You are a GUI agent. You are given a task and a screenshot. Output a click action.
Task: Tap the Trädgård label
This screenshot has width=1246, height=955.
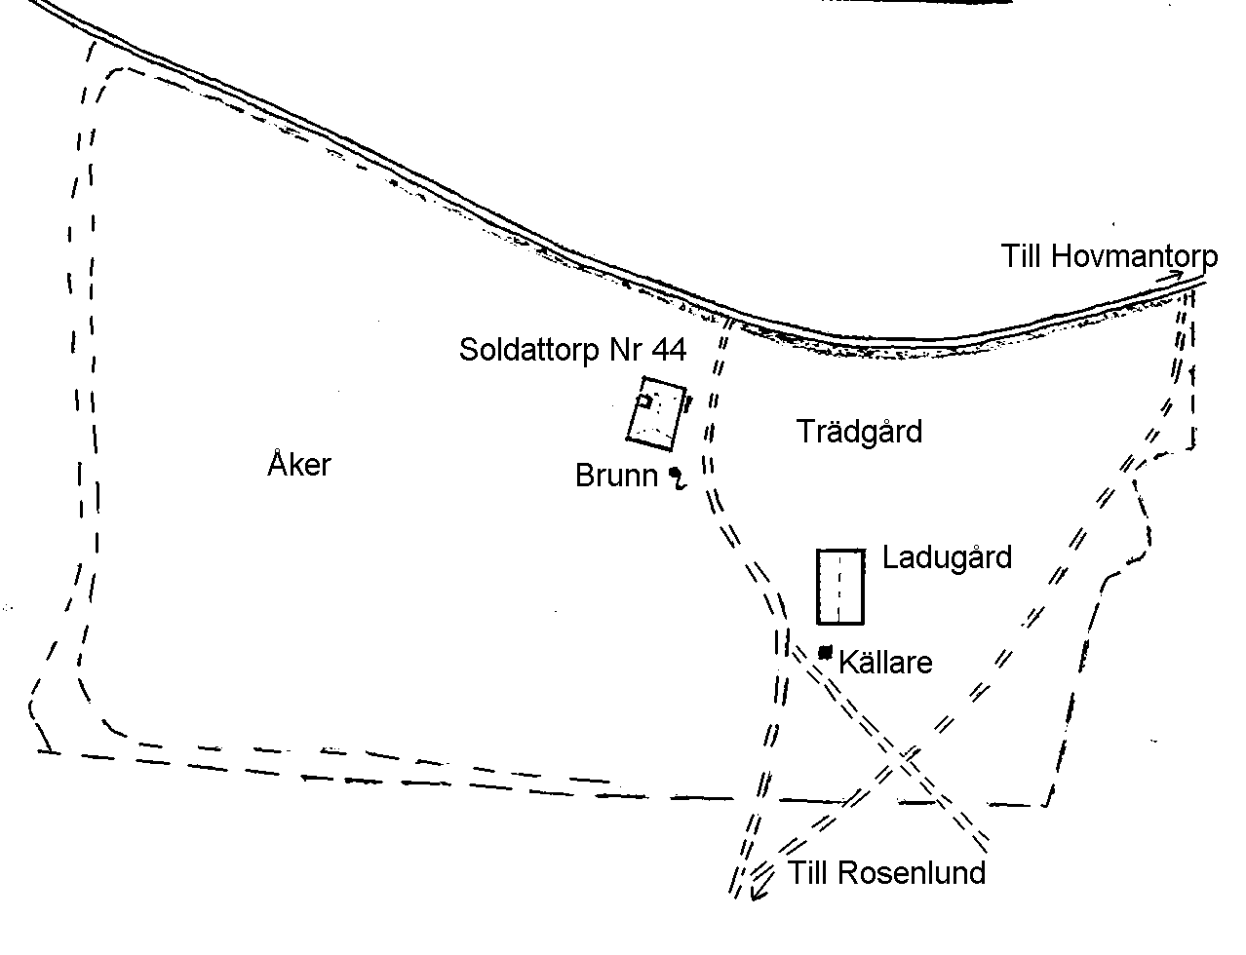859,431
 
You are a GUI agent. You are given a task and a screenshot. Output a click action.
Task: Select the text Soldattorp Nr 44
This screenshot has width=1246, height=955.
572,350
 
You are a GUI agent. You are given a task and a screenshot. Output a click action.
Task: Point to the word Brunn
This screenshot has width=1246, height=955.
616,476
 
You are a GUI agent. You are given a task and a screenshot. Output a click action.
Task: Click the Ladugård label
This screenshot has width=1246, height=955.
947,557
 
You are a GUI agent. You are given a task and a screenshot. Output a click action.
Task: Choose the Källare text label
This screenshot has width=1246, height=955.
885,663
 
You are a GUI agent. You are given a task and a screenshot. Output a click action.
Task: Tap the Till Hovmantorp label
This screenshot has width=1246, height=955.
1109,257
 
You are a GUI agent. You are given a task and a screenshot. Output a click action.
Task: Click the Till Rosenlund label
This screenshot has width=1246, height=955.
886,872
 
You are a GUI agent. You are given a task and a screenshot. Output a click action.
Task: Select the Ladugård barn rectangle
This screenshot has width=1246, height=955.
840,587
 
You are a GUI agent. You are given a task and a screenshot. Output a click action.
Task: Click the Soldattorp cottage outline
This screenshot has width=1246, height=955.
656,412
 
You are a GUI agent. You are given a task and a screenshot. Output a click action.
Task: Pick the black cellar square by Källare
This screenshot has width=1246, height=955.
825,651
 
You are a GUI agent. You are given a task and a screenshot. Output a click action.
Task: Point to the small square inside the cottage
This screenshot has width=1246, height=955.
643,401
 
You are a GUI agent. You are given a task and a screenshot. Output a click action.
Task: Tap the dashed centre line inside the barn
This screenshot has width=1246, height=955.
839,587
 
